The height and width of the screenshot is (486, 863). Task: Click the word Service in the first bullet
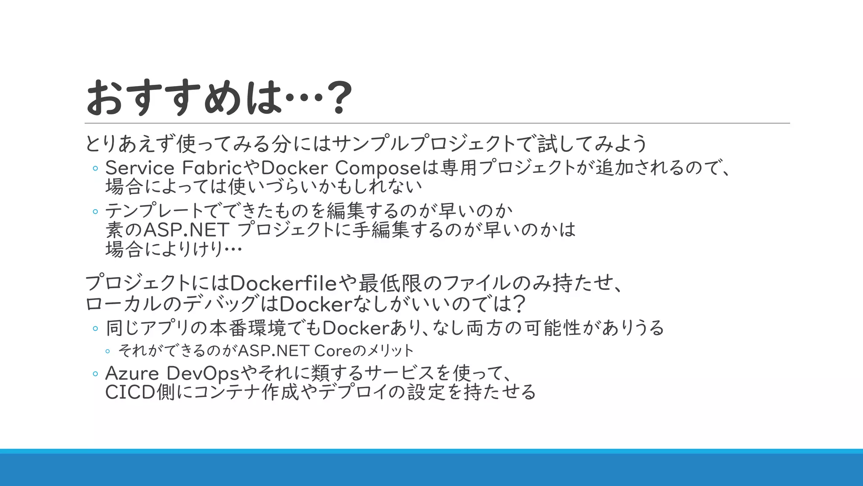tap(139, 168)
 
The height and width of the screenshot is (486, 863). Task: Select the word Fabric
tap(212, 168)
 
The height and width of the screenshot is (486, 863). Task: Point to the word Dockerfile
tap(284, 283)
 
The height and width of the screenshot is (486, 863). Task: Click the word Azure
tap(132, 373)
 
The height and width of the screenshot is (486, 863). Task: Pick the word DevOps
tap(203, 373)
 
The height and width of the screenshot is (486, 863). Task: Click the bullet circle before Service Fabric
tap(95, 169)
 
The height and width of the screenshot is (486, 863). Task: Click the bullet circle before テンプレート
tap(95, 211)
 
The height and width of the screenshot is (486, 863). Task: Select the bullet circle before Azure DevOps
tap(95, 374)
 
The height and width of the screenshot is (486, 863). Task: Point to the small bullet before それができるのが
tap(108, 351)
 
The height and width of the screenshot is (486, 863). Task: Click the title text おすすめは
tap(184, 98)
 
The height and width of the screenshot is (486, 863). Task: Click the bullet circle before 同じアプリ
tap(95, 329)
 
